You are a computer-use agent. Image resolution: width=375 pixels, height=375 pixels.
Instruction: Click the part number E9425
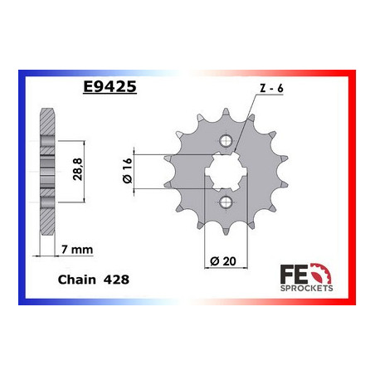click(110, 86)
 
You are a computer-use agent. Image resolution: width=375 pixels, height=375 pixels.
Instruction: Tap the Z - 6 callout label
click(272, 89)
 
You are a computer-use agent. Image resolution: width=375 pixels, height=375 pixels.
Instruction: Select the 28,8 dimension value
click(78, 169)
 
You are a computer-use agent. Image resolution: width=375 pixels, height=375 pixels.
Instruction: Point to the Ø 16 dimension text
click(127, 171)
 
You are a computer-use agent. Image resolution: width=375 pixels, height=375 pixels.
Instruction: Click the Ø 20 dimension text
click(223, 261)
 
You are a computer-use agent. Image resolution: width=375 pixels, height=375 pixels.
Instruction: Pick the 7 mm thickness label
click(77, 250)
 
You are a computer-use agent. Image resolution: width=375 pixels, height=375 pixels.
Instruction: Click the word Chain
click(77, 280)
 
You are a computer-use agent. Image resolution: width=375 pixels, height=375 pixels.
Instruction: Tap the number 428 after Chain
click(116, 280)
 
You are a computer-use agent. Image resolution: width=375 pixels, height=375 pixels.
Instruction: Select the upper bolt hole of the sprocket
click(226, 141)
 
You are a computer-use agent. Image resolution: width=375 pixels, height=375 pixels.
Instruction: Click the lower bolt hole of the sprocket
click(226, 202)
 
